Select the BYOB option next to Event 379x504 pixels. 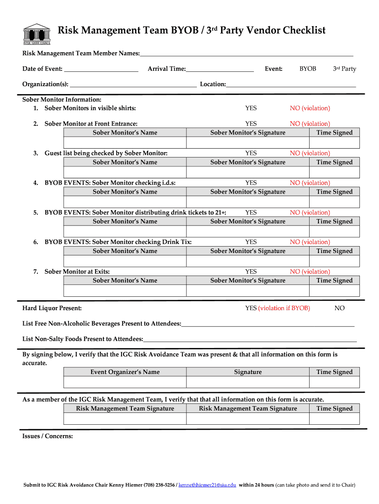(x=308, y=69)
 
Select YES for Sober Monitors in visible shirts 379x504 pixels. (x=251, y=108)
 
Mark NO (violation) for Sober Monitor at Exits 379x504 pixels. (x=310, y=272)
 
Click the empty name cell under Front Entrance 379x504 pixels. (x=125, y=142)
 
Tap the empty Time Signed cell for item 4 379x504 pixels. (x=334, y=201)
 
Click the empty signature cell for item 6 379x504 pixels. (x=248, y=260)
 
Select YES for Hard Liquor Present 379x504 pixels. (x=251, y=308)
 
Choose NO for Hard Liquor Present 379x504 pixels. (x=340, y=308)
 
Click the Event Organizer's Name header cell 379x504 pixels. (x=125, y=372)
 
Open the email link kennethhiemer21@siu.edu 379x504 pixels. (x=207, y=485)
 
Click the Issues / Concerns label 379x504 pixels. (x=48, y=436)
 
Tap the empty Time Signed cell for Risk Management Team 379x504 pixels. (x=334, y=418)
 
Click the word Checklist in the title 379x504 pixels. (x=301, y=31)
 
